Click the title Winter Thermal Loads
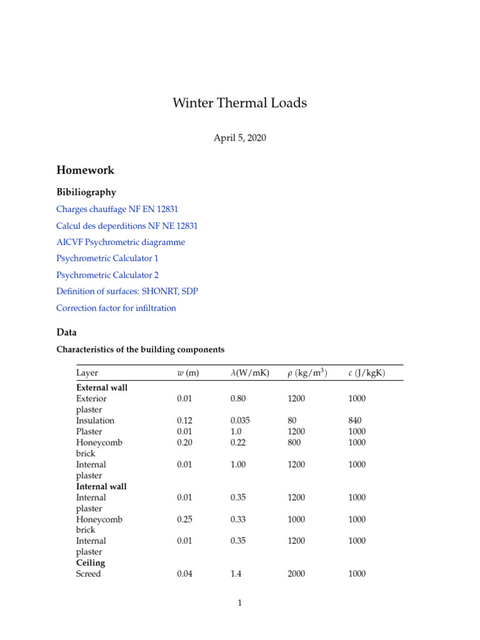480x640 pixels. click(x=239, y=103)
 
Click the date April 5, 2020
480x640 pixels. click(x=239, y=138)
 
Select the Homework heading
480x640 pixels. click(x=85, y=170)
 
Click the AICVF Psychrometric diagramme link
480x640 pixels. click(x=121, y=242)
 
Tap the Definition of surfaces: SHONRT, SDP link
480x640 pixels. click(x=127, y=291)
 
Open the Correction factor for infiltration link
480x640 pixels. click(x=116, y=307)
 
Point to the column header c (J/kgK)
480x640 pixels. click(x=366, y=373)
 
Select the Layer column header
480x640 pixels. click(x=87, y=373)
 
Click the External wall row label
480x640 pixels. click(x=101, y=387)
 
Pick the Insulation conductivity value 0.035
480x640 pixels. click(x=240, y=421)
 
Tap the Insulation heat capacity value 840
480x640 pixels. click(x=356, y=421)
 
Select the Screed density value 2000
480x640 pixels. click(x=296, y=574)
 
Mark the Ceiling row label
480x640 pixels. click(x=91, y=563)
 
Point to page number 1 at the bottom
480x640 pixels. click(x=239, y=603)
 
